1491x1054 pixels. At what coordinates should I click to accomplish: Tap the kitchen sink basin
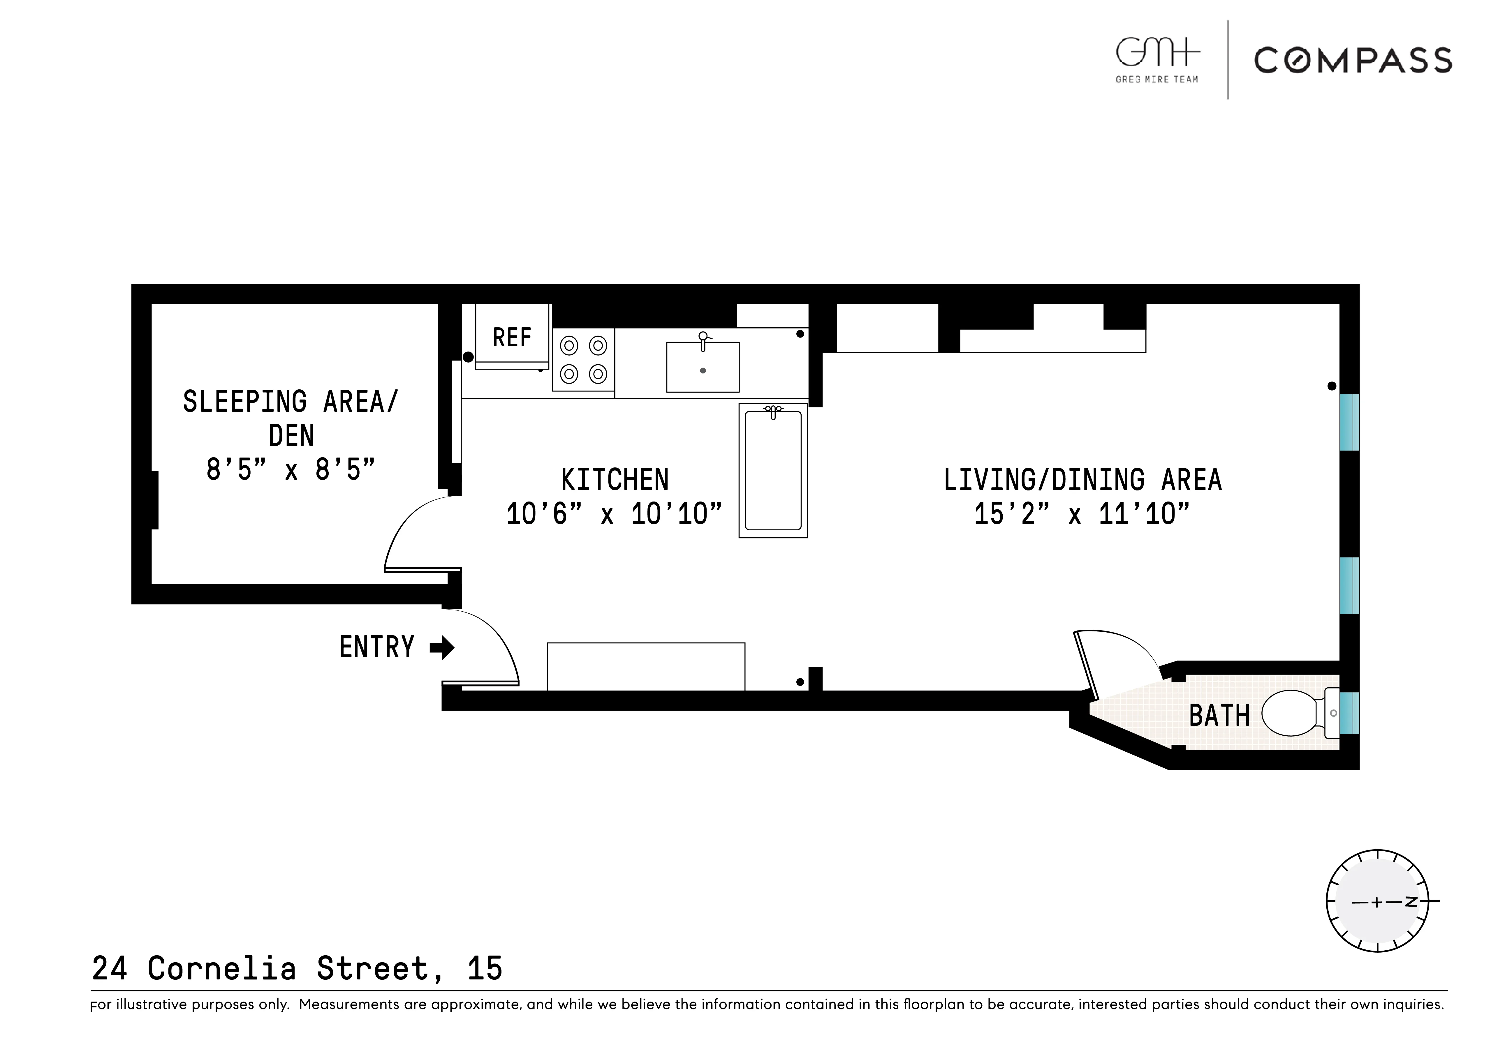(x=703, y=367)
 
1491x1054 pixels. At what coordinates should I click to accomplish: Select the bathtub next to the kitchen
(x=773, y=471)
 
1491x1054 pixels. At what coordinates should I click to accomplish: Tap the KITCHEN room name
(x=614, y=480)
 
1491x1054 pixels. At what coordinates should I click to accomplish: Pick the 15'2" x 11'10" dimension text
(x=1082, y=515)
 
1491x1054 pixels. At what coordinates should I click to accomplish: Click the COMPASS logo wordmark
(x=1353, y=60)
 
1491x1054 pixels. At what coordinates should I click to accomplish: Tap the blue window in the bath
(x=1349, y=713)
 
